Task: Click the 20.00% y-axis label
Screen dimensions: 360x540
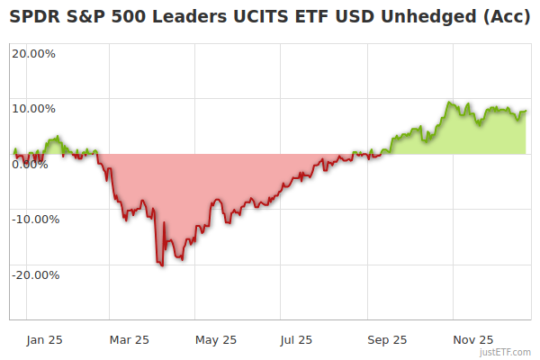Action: (33, 52)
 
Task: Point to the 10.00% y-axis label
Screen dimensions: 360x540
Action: (33, 108)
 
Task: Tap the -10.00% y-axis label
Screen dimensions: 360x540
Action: (36, 219)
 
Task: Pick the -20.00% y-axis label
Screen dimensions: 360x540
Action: (36, 274)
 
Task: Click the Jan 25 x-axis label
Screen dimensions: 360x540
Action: (44, 339)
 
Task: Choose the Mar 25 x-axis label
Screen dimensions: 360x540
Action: (129, 339)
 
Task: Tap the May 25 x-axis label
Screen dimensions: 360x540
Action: (216, 339)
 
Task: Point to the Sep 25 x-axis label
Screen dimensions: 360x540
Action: (388, 339)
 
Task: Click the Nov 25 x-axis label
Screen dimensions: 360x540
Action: (473, 339)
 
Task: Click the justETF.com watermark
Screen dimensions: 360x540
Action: (506, 353)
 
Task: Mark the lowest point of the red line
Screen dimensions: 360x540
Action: (161, 265)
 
